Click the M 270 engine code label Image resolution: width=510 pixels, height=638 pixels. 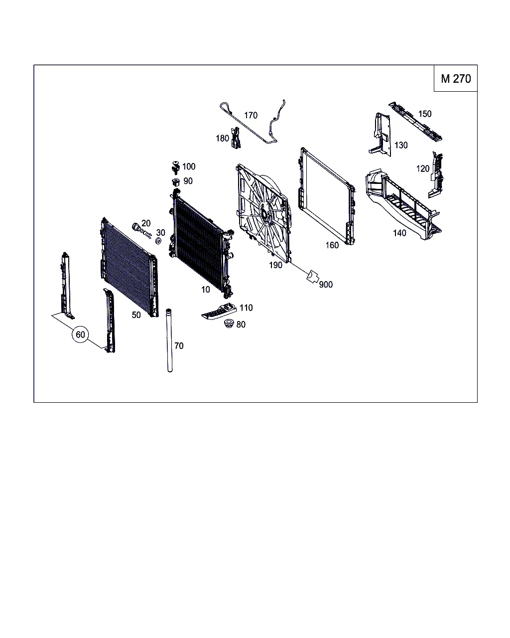pos(456,79)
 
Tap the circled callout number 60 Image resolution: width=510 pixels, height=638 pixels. pos(80,334)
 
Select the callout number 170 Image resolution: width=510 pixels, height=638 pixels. pos(251,115)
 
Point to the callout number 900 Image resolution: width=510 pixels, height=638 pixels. pos(326,285)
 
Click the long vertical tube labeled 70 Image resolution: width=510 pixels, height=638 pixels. pos(169,340)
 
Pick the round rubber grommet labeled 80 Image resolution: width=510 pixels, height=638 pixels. pos(229,324)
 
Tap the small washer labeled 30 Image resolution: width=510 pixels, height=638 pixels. pos(158,241)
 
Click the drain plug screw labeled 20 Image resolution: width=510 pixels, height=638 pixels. pos(141,230)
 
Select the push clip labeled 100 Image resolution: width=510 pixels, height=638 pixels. pos(176,168)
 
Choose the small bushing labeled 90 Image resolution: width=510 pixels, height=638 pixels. pos(176,182)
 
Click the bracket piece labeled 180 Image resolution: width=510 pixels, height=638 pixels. pos(236,138)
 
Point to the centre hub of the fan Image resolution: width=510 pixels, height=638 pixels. pos(264,212)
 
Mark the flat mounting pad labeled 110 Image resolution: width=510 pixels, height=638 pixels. pos(219,312)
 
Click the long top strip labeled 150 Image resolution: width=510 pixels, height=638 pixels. pos(415,121)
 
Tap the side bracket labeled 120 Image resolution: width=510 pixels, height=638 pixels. pos(436,175)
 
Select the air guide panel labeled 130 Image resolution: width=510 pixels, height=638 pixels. pos(380,135)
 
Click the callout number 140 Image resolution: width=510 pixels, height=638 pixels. pos(399,233)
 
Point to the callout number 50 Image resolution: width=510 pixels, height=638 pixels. pos(136,315)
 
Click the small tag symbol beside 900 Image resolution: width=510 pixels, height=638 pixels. pos(312,276)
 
